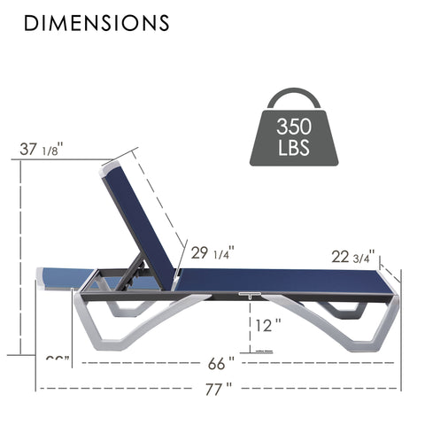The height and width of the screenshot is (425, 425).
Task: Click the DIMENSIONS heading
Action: (x=97, y=22)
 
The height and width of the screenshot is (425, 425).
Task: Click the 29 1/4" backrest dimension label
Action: (x=211, y=253)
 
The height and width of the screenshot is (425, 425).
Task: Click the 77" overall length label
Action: (x=218, y=388)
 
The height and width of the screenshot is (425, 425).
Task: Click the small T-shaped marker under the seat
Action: (x=245, y=296)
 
